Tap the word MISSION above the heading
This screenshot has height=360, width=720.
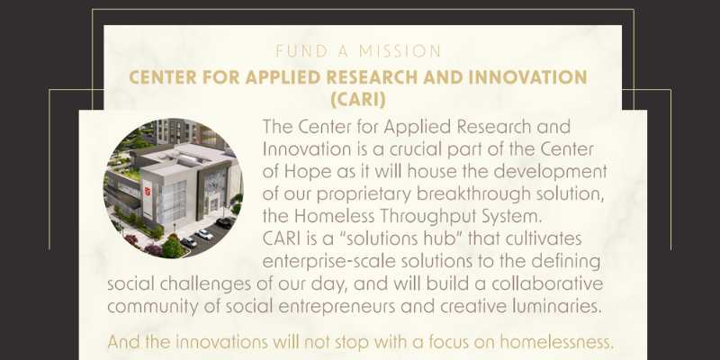[400, 51]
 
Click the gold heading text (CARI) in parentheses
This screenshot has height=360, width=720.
[358, 100]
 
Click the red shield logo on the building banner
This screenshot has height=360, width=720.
[148, 191]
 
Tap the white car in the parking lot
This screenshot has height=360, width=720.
[204, 234]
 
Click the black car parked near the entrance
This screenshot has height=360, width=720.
[224, 222]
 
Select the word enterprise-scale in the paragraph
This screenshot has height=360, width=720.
[328, 261]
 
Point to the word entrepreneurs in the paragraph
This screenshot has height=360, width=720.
[337, 306]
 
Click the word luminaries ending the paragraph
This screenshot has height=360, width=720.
[556, 306]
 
